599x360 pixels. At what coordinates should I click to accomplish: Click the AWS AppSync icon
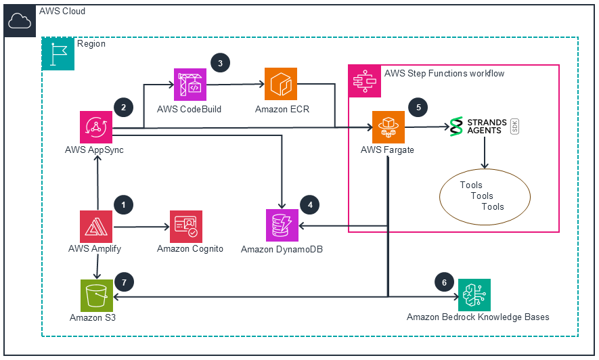click(x=96, y=127)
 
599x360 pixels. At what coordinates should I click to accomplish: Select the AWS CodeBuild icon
click(x=190, y=85)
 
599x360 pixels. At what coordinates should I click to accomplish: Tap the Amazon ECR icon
click(x=281, y=84)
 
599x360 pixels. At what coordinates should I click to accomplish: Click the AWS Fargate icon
click(x=389, y=127)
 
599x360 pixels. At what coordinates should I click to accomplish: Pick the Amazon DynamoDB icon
click(x=282, y=225)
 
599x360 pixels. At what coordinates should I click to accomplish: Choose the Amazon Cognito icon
click(x=186, y=227)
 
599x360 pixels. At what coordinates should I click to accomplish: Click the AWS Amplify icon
click(x=96, y=227)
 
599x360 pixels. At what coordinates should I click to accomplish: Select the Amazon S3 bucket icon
click(x=97, y=296)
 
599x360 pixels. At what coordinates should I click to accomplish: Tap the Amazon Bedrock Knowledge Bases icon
click(x=474, y=295)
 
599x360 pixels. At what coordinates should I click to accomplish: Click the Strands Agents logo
click(x=484, y=127)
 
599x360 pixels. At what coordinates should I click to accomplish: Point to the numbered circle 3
click(x=221, y=63)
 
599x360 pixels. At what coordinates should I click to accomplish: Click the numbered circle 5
click(x=418, y=108)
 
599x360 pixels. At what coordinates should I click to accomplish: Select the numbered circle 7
click(x=124, y=282)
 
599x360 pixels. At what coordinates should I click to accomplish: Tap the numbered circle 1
click(x=123, y=205)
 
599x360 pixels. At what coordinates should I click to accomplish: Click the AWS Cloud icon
click(x=20, y=20)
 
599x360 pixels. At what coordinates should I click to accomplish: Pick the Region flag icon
click(x=58, y=54)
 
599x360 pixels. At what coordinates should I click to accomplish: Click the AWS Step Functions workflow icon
click(x=365, y=81)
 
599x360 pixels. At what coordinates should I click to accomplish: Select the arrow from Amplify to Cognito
click(x=141, y=227)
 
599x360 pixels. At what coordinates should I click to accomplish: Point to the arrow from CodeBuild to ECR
click(x=236, y=84)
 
